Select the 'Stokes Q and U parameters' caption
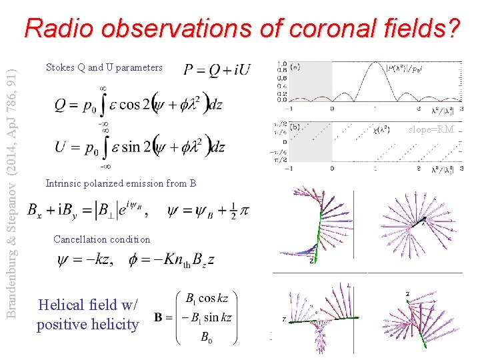tap(103, 67)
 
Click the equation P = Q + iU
tap(217, 69)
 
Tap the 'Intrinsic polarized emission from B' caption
tap(121, 183)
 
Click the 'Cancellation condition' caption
tap(101, 239)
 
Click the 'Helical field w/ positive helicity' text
tap(88, 315)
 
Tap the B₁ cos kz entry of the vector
tap(210, 298)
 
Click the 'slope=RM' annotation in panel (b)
tap(433, 129)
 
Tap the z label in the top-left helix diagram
tap(312, 261)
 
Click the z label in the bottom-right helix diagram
tap(407, 294)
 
